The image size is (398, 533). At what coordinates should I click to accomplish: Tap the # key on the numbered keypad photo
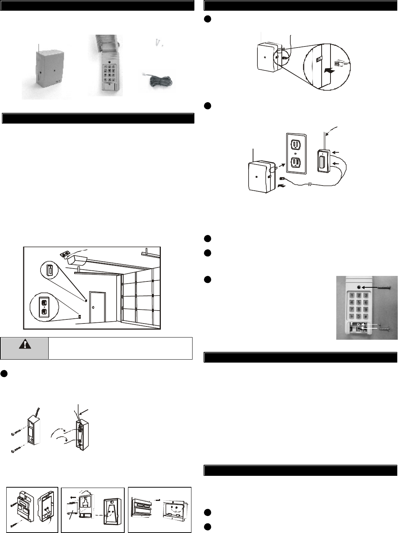[x=366, y=316]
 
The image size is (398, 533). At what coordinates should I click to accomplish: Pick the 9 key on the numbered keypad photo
[x=366, y=309]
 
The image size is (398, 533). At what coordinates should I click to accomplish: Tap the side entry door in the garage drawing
[x=98, y=307]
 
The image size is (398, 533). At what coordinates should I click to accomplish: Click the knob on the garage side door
[x=93, y=307]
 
